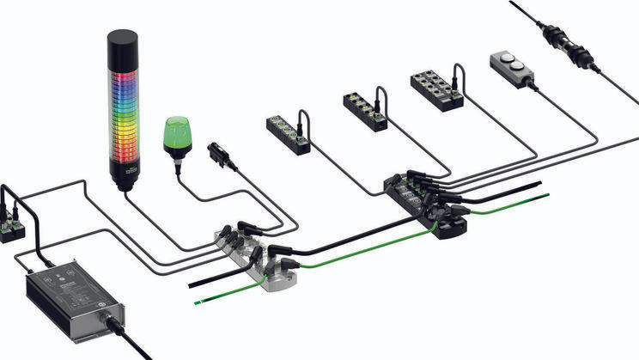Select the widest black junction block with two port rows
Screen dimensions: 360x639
(x=436, y=89)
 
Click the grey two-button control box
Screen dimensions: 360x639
(x=511, y=68)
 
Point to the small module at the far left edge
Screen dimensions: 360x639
(x=11, y=225)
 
